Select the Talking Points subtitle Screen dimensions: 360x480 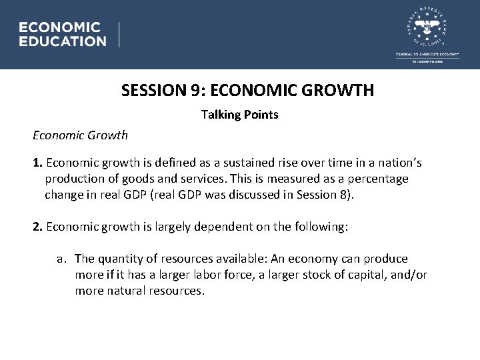[239, 115]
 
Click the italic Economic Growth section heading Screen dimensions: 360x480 [80, 135]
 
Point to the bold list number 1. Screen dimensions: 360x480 [37, 163]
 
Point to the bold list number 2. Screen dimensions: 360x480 [37, 227]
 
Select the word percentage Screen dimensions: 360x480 [376, 179]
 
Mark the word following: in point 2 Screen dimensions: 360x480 [319, 227]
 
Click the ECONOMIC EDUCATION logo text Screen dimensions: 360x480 [62, 34]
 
